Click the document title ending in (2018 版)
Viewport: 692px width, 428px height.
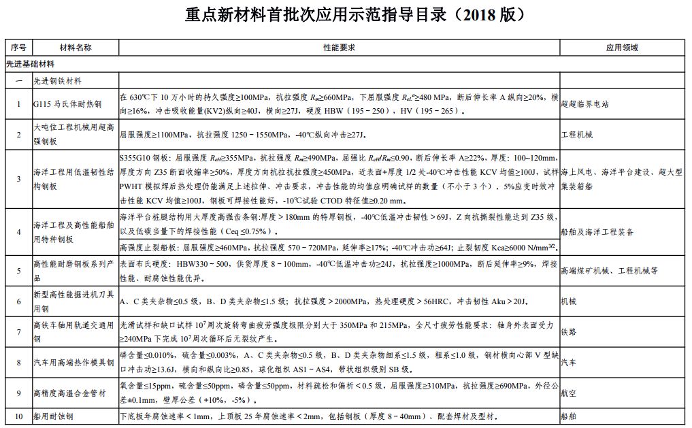click(346, 15)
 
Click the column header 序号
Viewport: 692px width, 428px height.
click(18, 48)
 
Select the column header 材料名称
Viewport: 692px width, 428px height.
click(75, 48)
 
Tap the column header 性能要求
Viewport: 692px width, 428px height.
click(339, 48)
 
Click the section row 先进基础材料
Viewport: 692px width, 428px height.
click(30, 63)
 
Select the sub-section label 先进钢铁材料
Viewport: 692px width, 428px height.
click(59, 80)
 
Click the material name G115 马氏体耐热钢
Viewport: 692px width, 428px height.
click(67, 104)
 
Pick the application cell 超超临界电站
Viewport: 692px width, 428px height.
click(584, 104)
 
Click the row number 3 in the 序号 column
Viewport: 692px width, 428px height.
click(18, 179)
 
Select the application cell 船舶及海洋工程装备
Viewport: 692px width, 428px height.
click(597, 232)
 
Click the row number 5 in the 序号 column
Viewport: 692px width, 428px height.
click(18, 270)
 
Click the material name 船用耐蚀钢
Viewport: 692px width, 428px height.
click(55, 416)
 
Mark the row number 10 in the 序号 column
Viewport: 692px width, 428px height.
click(18, 416)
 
